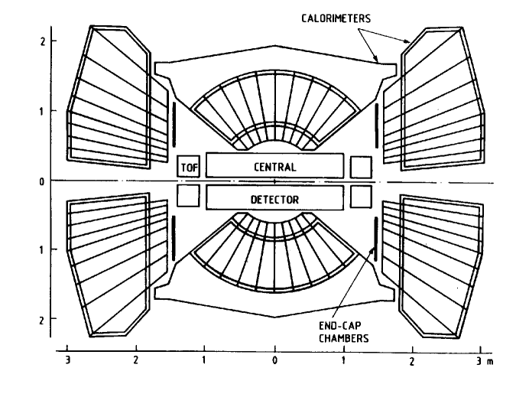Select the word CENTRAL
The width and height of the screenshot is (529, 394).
click(274, 165)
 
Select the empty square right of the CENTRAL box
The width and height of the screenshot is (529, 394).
click(360, 166)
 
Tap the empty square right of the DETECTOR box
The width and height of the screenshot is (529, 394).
click(360, 197)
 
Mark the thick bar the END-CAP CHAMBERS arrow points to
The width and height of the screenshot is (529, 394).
click(376, 237)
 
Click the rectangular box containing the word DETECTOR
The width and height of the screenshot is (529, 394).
click(274, 198)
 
